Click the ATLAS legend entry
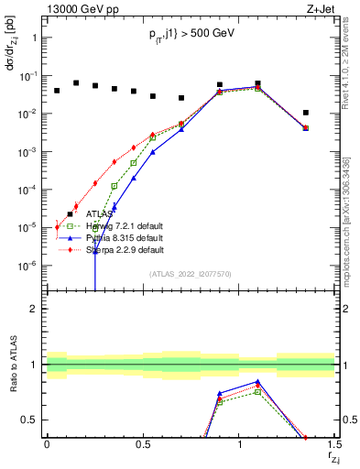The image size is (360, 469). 104,214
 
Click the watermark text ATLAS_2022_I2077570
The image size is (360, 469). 191,272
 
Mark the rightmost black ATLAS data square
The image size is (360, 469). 306,113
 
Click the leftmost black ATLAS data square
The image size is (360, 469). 57,91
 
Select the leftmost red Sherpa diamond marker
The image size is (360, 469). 57,226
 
